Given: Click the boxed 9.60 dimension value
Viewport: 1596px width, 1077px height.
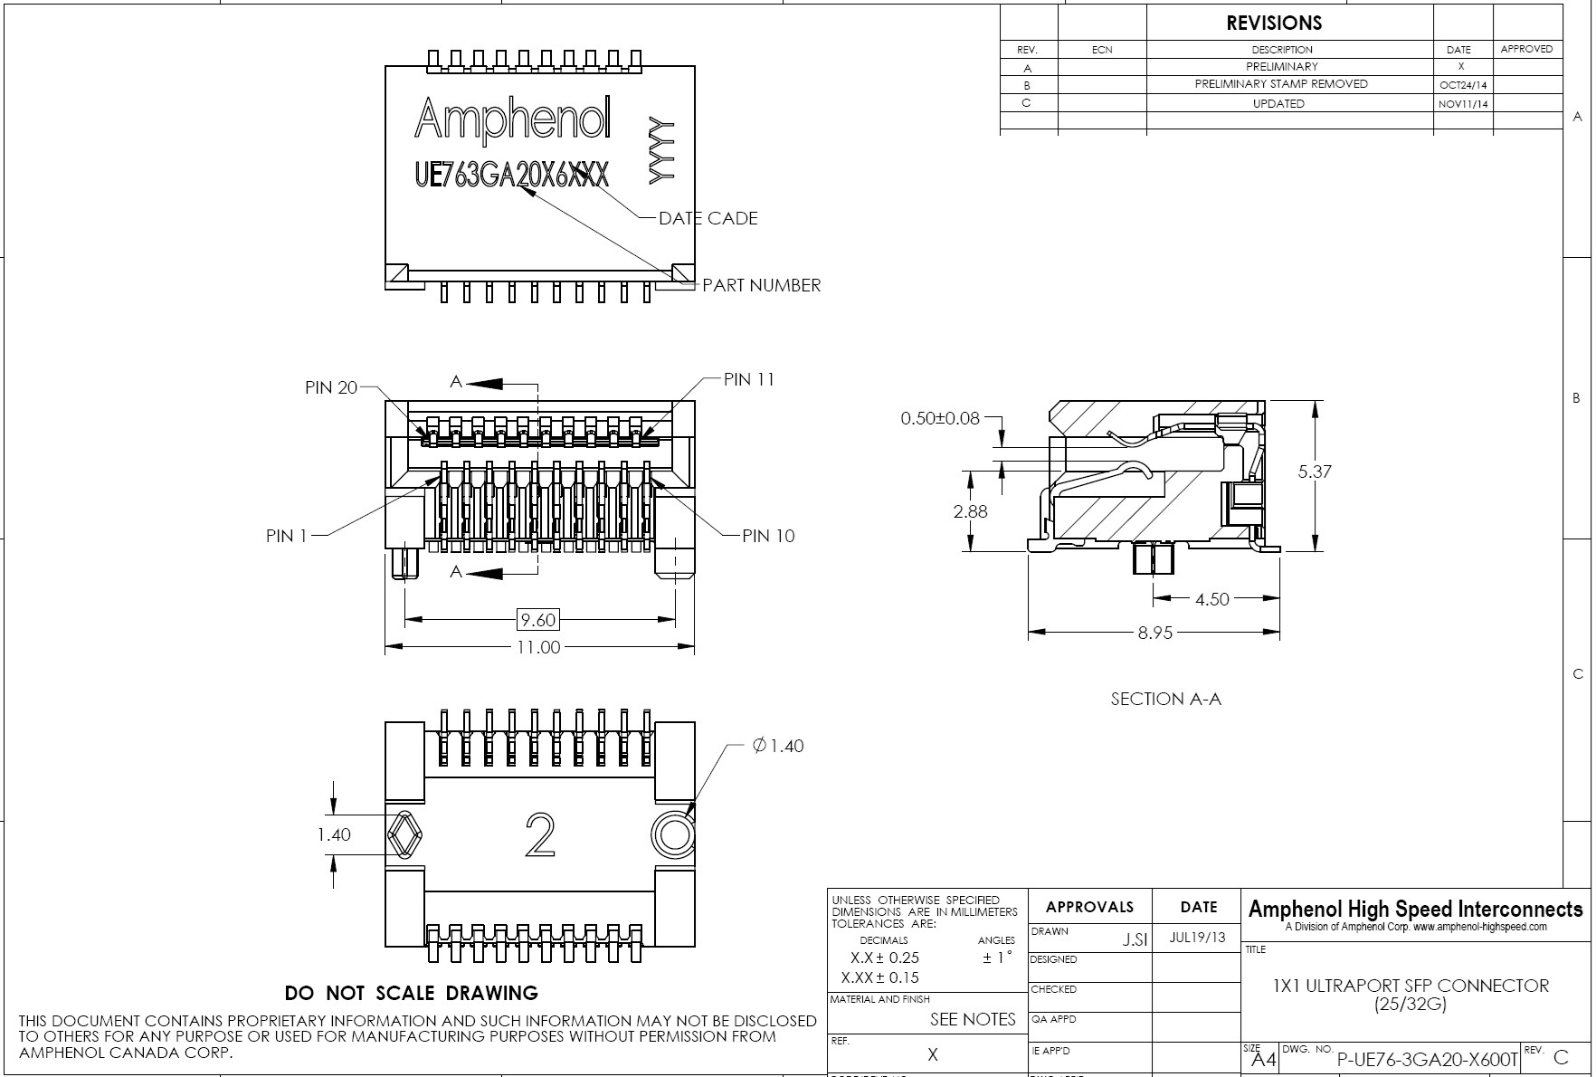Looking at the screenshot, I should [537, 620].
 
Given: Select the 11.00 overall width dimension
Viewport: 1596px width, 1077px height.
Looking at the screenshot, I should [537, 647].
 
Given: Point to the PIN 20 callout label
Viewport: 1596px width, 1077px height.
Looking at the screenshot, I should [331, 387].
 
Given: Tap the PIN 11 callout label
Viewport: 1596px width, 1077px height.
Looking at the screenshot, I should [749, 379].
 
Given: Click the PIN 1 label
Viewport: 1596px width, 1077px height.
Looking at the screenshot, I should [286, 536].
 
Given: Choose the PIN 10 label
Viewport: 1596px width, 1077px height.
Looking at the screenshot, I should [768, 536].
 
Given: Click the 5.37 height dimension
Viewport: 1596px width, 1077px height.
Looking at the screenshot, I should [1314, 472].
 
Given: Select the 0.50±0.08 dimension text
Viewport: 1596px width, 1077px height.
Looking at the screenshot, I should [939, 418].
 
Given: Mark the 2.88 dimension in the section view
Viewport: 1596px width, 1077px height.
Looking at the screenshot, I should [970, 511].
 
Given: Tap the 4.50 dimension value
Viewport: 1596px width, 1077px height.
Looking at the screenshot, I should [1211, 599].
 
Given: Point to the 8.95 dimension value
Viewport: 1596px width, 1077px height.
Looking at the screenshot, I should [1154, 633].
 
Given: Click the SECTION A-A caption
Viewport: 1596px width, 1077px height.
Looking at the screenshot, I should [1165, 699].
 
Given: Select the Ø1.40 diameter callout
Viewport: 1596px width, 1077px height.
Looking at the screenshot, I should [777, 746].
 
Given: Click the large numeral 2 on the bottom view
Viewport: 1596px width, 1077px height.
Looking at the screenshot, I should [540, 834].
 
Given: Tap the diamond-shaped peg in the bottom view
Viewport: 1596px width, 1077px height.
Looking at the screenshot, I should [406, 834].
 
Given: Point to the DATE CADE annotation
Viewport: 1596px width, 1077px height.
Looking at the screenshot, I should [708, 218].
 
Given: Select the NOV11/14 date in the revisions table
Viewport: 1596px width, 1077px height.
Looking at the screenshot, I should [1462, 104].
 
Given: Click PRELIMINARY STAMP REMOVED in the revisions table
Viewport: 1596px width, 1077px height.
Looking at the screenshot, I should [1280, 84].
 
